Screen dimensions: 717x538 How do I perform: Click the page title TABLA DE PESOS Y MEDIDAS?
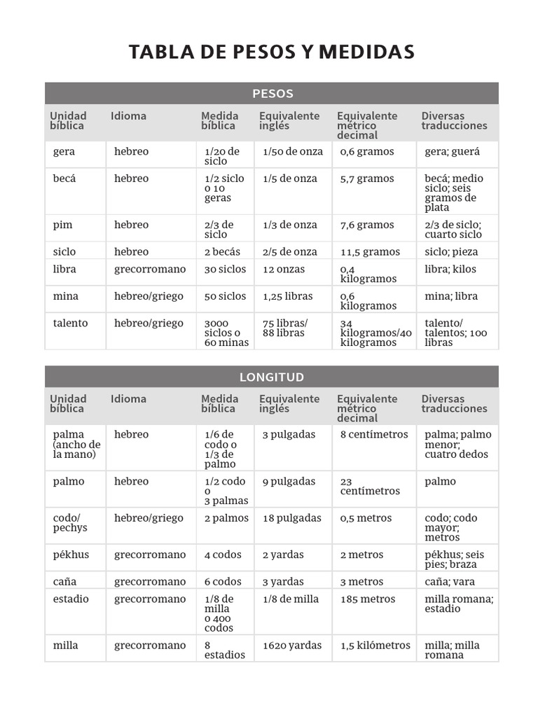[272, 52]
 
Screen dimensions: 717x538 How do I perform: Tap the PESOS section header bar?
[272, 93]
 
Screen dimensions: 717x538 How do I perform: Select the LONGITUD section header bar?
[272, 377]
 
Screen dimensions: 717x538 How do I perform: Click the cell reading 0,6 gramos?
[367, 152]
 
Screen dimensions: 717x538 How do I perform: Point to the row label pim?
[62, 225]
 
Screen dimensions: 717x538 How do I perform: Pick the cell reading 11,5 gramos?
[370, 252]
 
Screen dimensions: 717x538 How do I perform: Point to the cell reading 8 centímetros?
[374, 435]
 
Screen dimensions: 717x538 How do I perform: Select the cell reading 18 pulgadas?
[292, 518]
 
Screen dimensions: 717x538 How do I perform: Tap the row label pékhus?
[69, 555]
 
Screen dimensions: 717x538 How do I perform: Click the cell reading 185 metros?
[368, 599]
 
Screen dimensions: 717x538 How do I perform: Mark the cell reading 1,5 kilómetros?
[375, 646]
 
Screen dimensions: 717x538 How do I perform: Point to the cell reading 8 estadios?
[225, 650]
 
